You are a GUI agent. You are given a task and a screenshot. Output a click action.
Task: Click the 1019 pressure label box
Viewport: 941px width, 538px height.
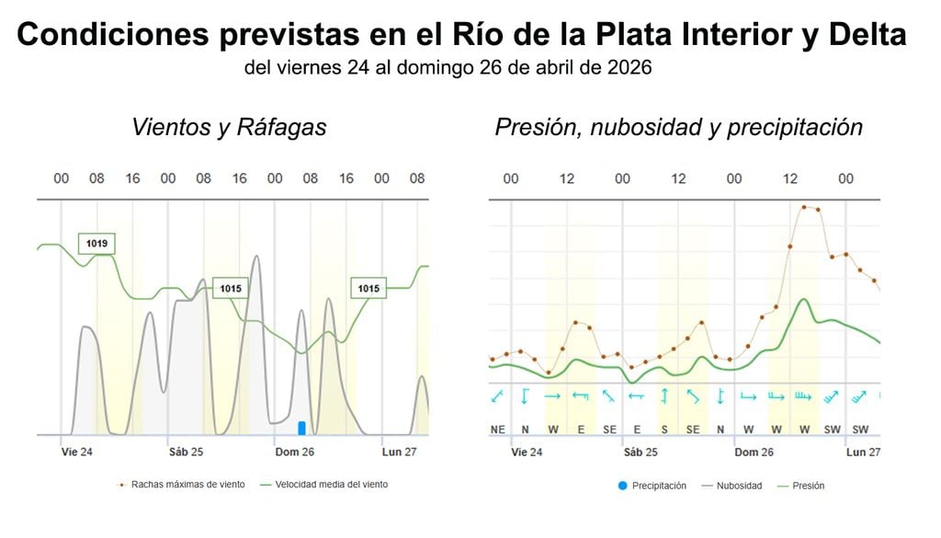[x=96, y=244]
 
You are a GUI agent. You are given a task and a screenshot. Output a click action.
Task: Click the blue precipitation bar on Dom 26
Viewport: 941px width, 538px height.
[x=301, y=428]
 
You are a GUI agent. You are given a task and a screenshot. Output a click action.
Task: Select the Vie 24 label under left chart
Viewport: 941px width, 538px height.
[x=76, y=452]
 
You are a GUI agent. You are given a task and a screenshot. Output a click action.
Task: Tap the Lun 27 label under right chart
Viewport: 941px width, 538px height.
[x=863, y=452]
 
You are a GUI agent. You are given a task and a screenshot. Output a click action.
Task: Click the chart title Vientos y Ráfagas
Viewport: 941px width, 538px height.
[x=229, y=127]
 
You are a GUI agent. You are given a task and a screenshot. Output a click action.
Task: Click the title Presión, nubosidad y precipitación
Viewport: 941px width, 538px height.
[x=678, y=127]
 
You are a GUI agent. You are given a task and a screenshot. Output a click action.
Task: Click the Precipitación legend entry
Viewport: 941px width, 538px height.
[x=652, y=486]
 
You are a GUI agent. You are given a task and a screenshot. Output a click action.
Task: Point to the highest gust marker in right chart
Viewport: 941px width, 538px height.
[x=803, y=207]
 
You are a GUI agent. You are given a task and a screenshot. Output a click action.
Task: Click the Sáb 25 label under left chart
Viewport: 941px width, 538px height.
[x=186, y=452]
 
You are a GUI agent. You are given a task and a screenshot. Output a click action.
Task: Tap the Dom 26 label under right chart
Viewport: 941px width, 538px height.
[x=754, y=452]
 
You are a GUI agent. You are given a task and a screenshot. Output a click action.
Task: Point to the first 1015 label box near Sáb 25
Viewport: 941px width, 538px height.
[x=231, y=289]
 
